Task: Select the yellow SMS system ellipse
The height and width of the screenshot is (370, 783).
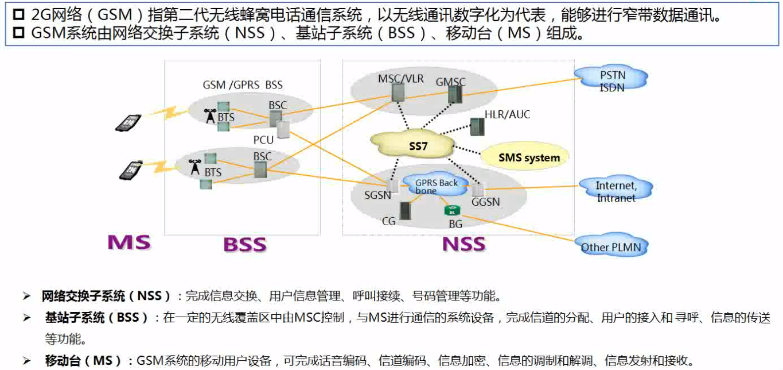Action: pyautogui.click(x=528, y=157)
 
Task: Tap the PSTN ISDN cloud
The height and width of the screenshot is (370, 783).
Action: pyautogui.click(x=612, y=81)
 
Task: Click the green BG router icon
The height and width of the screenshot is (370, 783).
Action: pyautogui.click(x=452, y=211)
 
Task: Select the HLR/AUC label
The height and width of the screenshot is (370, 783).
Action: pyautogui.click(x=507, y=114)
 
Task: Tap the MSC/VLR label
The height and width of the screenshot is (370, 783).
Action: pyautogui.click(x=400, y=78)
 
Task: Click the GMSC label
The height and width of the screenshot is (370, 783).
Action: pyautogui.click(x=450, y=82)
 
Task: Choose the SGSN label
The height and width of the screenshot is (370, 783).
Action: pyautogui.click(x=377, y=195)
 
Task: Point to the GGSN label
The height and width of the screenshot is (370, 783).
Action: pyautogui.click(x=485, y=202)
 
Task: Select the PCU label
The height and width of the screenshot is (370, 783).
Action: pyautogui.click(x=264, y=140)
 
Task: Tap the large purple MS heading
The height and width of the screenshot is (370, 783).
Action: pyautogui.click(x=129, y=242)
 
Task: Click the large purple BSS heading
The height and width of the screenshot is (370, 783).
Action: pyautogui.click(x=244, y=245)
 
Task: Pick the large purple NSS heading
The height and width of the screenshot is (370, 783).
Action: pyautogui.click(x=463, y=244)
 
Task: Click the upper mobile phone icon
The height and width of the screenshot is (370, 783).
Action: pyautogui.click(x=128, y=122)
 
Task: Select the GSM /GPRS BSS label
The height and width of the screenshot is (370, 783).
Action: pyautogui.click(x=243, y=85)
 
